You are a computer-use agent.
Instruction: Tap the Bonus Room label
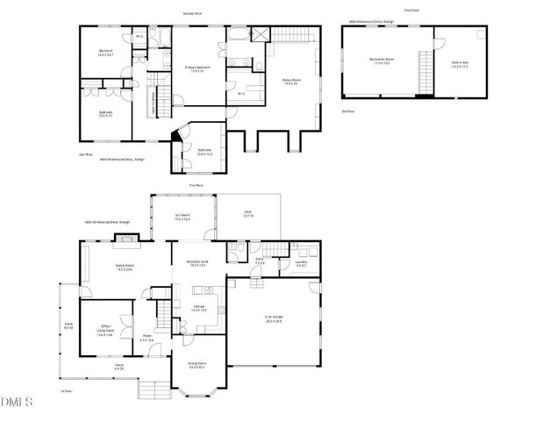click(x=290, y=82)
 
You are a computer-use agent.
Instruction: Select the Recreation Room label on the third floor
click(x=382, y=61)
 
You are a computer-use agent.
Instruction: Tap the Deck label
click(x=248, y=216)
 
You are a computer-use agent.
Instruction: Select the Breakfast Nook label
click(x=197, y=263)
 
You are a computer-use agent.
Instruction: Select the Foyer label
click(x=147, y=337)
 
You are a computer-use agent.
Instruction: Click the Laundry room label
click(x=300, y=264)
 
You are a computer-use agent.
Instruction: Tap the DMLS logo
click(x=17, y=403)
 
